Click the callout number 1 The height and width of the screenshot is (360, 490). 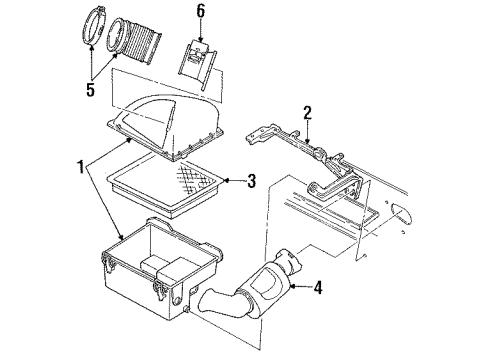pyautogui.click(x=80, y=167)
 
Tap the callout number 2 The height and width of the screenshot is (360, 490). pyautogui.click(x=307, y=113)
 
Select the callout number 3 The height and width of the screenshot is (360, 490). pyautogui.click(x=251, y=181)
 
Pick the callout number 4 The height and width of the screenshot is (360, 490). pyautogui.click(x=318, y=288)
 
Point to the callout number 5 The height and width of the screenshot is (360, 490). pyautogui.click(x=90, y=89)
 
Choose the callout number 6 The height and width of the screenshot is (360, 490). pyautogui.click(x=200, y=11)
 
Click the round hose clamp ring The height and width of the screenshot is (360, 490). pyautogui.click(x=92, y=28)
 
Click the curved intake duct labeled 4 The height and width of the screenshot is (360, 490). pyautogui.click(x=250, y=288)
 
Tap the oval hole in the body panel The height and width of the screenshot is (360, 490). pyautogui.click(x=401, y=214)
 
